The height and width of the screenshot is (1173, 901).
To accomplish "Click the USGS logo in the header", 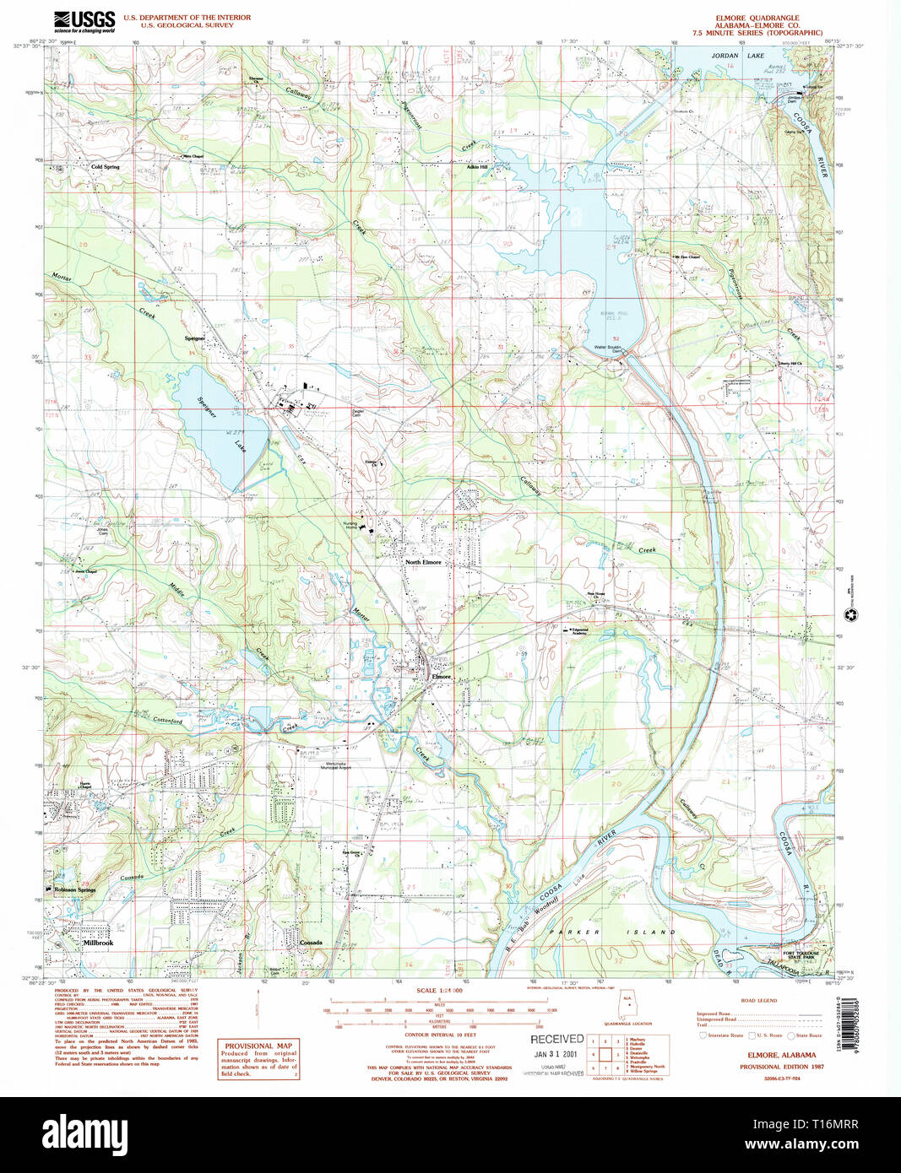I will point(84,21).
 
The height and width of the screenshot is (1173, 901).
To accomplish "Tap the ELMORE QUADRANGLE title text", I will point(757,18).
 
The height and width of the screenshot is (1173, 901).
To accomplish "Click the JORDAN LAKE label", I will point(737,56).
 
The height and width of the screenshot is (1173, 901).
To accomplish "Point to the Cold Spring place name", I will point(106,167).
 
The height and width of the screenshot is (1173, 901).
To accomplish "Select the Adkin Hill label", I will point(478,167).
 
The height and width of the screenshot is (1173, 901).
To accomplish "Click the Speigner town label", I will point(195,338).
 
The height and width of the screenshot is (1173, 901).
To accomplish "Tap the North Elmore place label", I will point(423,562).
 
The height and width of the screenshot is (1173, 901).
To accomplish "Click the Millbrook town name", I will point(98,943).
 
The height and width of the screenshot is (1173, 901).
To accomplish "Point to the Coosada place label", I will point(311,943).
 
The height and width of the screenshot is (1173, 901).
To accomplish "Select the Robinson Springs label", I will point(76,890).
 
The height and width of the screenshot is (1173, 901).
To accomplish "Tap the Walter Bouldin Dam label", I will point(607,349).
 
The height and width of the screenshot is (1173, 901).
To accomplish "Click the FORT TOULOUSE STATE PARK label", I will point(801,955).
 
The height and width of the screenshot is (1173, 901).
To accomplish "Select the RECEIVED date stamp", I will point(556,1046).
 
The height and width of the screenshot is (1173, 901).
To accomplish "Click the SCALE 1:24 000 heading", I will point(439,991).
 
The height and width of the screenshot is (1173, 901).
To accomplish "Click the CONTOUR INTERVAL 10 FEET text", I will point(440,1035).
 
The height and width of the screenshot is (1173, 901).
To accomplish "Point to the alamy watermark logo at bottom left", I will point(84,1133).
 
